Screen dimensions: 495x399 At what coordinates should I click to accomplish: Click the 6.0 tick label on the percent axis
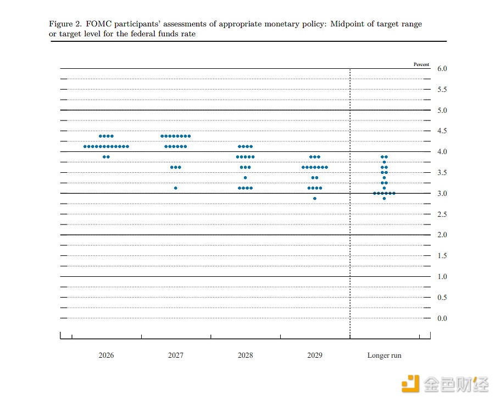tap(442, 69)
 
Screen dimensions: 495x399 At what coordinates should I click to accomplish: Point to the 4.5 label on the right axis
tap(442, 130)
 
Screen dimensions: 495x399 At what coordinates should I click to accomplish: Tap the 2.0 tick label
tap(442, 234)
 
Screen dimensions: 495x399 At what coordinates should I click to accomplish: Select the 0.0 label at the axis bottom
tap(442, 319)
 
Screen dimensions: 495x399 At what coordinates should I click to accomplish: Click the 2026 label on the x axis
tap(106, 355)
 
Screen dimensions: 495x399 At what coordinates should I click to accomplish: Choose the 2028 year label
tap(245, 355)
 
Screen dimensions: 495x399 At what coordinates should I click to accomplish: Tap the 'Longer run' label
tap(384, 356)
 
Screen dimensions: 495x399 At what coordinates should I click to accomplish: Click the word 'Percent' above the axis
tap(421, 64)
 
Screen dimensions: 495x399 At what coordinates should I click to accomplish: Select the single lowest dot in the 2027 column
tap(175, 188)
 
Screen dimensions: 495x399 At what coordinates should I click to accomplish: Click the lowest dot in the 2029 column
tap(315, 199)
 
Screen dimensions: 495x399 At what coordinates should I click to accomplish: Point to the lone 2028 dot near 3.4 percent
tap(245, 178)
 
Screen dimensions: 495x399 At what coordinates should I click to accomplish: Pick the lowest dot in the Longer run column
tap(384, 199)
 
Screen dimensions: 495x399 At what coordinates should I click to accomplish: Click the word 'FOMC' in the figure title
tap(99, 24)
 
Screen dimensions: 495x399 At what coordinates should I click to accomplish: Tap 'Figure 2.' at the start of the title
tap(65, 24)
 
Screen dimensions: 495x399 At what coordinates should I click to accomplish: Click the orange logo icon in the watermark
tap(410, 384)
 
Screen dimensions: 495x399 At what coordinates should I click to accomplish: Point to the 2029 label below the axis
tap(315, 355)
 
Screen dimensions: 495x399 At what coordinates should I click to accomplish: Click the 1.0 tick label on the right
tap(442, 277)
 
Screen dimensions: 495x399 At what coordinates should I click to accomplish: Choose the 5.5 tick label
tap(442, 90)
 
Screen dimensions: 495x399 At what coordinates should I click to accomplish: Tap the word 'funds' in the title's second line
tap(168, 34)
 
